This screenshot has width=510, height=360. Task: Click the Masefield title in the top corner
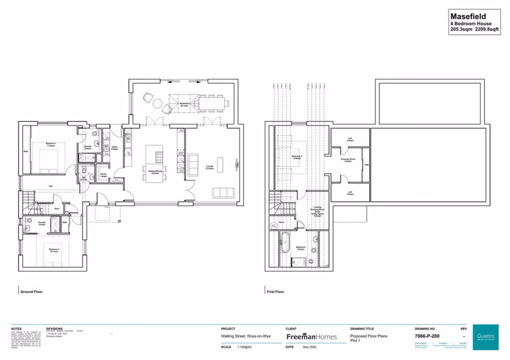pyautogui.click(x=468, y=17)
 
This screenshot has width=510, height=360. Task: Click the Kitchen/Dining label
pyautogui.click(x=156, y=173)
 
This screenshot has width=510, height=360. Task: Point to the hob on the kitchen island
pyautogui.click(x=160, y=157)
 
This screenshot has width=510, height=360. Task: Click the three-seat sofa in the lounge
pyautogui.click(x=223, y=193)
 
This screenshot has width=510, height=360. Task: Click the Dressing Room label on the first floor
pyautogui.click(x=350, y=160)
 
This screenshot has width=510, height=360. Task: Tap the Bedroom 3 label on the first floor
pyautogui.click(x=297, y=157)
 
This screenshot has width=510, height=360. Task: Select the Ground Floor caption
pyautogui.click(x=31, y=291)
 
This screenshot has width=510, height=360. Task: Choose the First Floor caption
pyautogui.click(x=275, y=291)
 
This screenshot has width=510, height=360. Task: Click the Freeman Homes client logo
pyautogui.click(x=311, y=337)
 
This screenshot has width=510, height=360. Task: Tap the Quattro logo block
pyautogui.click(x=485, y=337)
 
